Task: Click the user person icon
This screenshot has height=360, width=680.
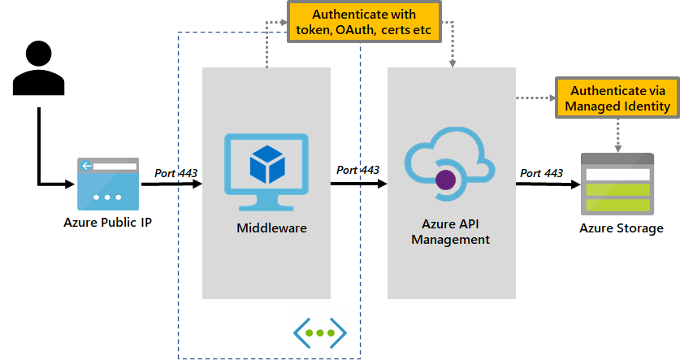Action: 38,66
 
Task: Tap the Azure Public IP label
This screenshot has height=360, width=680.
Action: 107,221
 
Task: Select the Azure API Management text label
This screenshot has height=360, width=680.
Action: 450,232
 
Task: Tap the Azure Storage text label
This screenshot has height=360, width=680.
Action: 621,228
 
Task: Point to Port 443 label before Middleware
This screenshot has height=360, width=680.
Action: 175,172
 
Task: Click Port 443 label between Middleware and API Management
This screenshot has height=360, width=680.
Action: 358,170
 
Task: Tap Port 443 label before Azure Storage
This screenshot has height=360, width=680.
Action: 541,173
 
